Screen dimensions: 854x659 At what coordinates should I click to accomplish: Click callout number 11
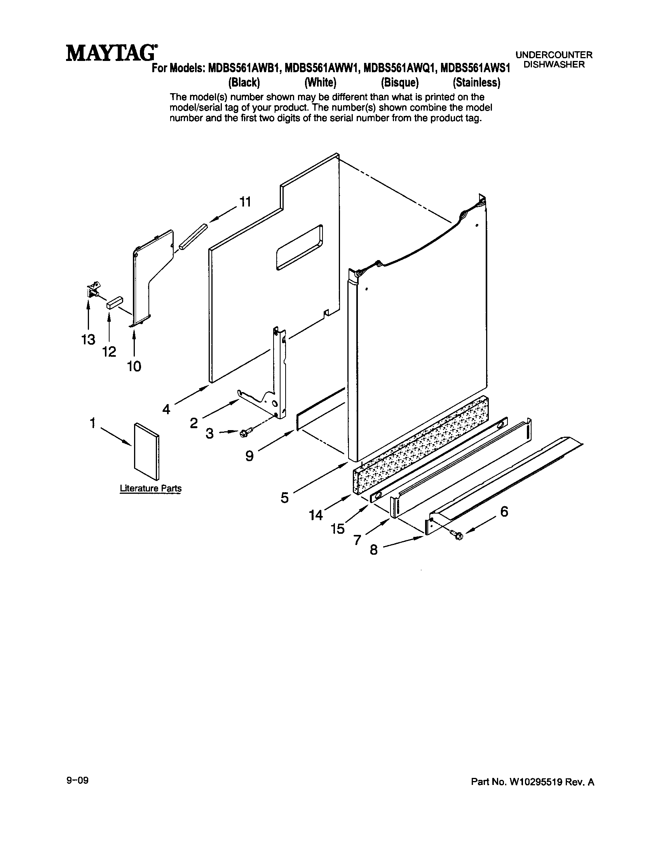245,202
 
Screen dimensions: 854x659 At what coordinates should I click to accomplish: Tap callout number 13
89,339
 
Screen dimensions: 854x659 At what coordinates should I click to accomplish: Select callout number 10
134,366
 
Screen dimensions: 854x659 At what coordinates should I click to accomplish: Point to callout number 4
166,410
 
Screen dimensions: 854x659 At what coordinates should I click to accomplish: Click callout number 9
249,456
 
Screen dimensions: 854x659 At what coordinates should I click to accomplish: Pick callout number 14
316,516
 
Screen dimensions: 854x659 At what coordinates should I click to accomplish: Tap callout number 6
504,511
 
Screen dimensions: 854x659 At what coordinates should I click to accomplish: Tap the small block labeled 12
114,303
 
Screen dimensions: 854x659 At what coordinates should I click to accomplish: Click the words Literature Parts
151,488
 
